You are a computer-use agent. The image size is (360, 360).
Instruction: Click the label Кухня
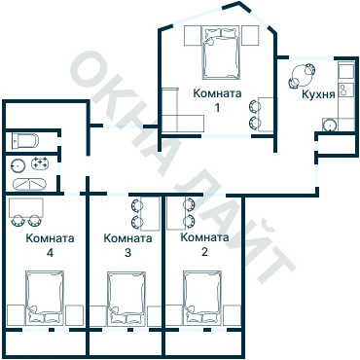pos(318,95)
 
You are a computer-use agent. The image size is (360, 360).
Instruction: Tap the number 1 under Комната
pos(217,107)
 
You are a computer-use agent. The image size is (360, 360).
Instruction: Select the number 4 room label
pos(50,253)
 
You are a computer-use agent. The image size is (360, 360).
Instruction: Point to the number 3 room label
pos(127,253)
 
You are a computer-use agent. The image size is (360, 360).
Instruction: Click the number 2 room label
pos(204,252)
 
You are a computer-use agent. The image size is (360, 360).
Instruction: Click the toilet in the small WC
pos(25,141)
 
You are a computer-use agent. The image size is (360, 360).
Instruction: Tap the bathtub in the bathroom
pos(29,184)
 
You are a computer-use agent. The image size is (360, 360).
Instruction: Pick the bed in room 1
pos(222,53)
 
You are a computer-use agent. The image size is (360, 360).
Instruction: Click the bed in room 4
pos(45,297)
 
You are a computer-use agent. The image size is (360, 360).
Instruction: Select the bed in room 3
pos(126,298)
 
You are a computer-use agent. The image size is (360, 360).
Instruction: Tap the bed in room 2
pos(202,298)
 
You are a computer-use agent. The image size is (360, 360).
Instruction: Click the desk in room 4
pos(26,208)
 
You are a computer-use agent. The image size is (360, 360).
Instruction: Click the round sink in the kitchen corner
pos(330,125)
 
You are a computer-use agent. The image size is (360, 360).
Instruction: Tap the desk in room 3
pos(151,213)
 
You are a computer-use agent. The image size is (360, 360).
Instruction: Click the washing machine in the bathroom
pos(40,163)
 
